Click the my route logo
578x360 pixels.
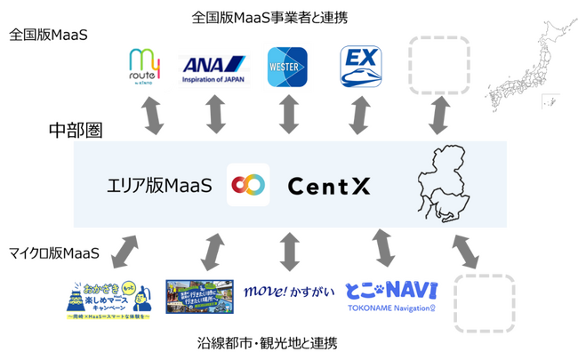(x=147, y=68)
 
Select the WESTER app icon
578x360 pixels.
(x=288, y=68)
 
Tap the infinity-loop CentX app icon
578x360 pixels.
(x=248, y=185)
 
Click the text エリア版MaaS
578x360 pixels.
(x=154, y=186)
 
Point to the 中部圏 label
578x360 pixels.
(x=75, y=131)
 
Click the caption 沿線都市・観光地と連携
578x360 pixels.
(x=268, y=342)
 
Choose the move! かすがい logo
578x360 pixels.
(x=289, y=291)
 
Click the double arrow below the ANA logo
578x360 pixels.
(x=215, y=115)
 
